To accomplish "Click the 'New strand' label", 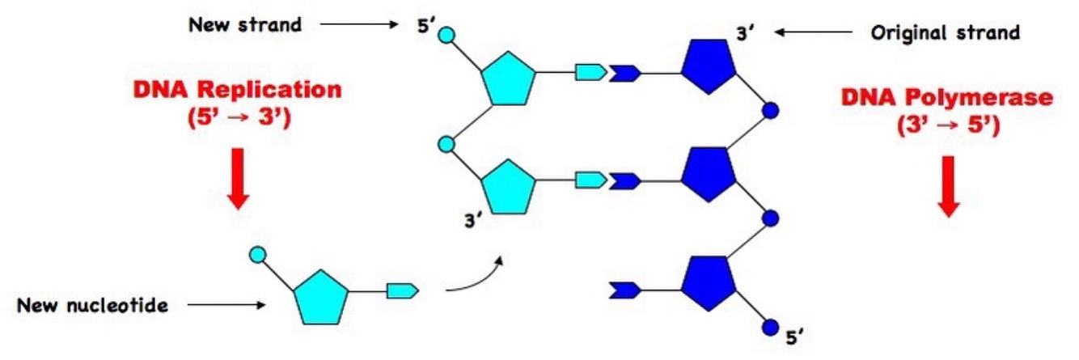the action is pos(244,25).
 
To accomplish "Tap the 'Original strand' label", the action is pos(945,33).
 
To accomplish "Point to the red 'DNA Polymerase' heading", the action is pos(947,98).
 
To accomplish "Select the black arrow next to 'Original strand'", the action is pos(813,32).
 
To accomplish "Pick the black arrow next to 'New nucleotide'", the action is pos(226,306).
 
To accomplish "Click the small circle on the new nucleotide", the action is pos(258,256).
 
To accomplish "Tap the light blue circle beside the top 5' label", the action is pos(446,36).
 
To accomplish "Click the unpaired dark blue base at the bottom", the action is pos(625,288).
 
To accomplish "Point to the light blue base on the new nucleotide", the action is pos(402,289).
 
